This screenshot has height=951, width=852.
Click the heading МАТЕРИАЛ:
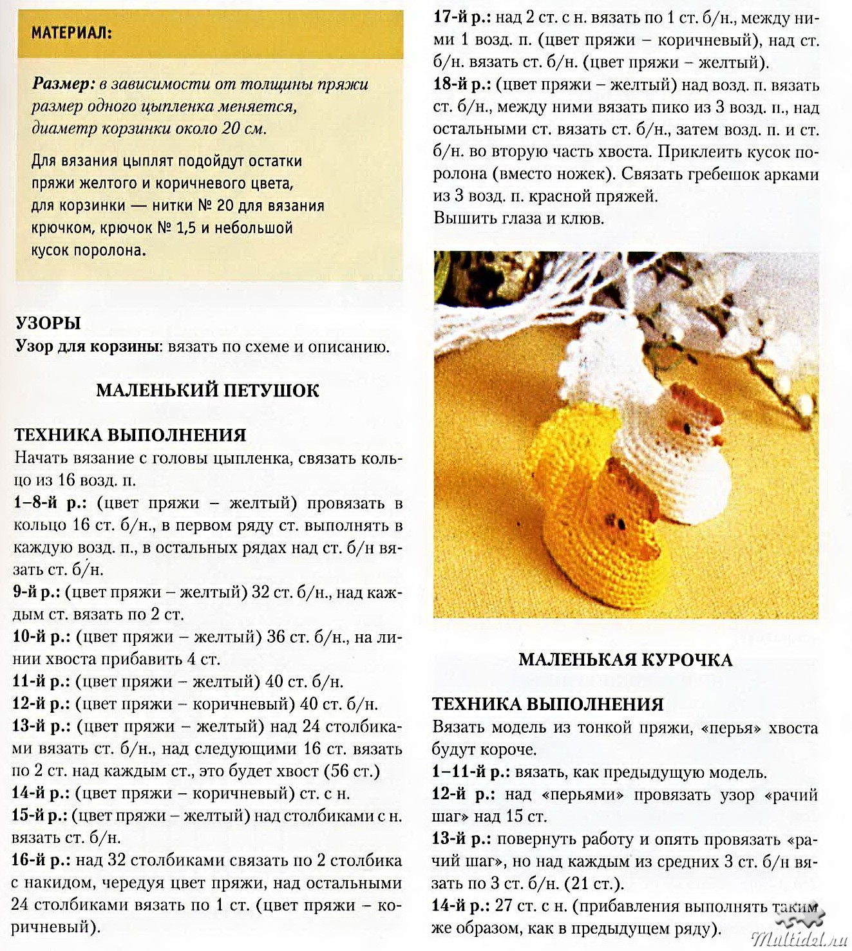click(71, 32)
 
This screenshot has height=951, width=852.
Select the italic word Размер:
click(63, 84)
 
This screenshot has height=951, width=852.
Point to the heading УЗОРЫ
click(48, 323)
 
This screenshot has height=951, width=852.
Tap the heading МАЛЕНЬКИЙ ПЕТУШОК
click(207, 390)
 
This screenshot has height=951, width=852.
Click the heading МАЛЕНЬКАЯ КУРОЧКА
click(625, 660)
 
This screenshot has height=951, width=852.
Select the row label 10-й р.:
click(41, 637)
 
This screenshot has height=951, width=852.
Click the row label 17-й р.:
click(462, 18)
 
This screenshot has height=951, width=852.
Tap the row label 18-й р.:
click(462, 85)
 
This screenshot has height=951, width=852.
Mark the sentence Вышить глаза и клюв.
click(519, 218)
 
